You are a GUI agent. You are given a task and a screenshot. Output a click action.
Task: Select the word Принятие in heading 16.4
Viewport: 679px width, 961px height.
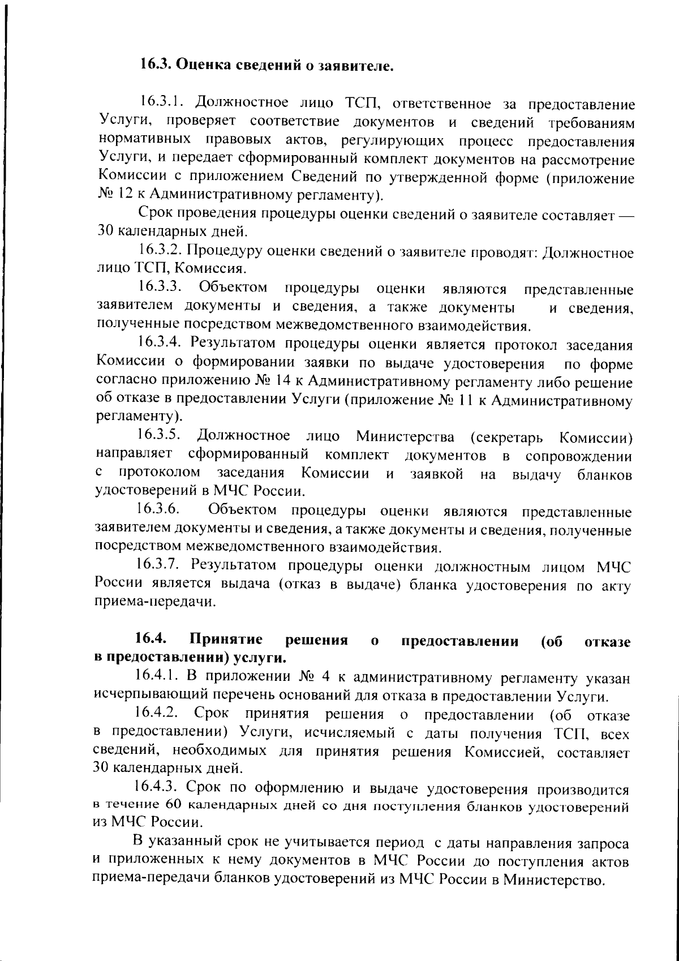226,640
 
